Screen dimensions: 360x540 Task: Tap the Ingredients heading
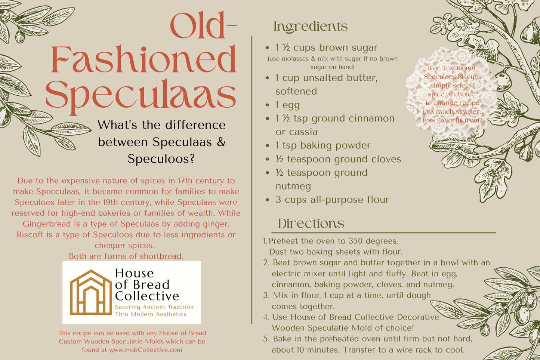[311, 27]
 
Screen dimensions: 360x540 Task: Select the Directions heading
[311, 224]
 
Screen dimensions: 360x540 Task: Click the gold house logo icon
[90, 292]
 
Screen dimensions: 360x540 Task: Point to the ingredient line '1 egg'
[287, 105]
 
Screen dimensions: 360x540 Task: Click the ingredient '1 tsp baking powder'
[323, 145]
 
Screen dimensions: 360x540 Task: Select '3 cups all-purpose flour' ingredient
[332, 199]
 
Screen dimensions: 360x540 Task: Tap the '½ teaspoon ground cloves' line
[338, 159]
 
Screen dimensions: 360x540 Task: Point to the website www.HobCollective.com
[145, 350]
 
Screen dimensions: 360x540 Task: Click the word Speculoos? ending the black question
[161, 159]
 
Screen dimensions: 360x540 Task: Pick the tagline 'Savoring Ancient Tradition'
[154, 307]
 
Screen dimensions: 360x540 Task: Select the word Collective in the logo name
[147, 296]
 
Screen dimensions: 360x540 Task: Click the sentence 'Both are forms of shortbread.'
[126, 256]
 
